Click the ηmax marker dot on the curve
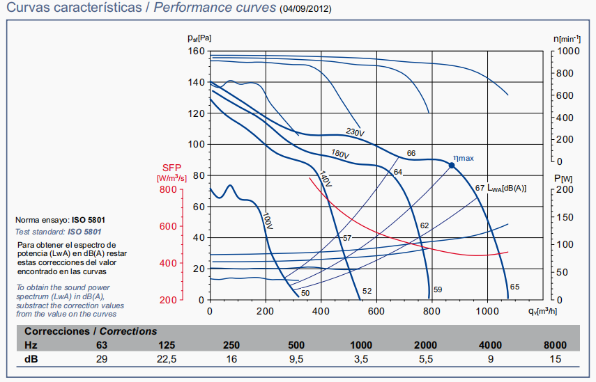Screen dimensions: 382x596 pyautogui.click(x=451, y=166)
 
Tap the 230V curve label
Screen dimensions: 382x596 pyautogui.click(x=356, y=131)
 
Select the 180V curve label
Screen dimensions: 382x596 pyautogui.click(x=339, y=153)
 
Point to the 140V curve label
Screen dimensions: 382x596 pyautogui.click(x=325, y=178)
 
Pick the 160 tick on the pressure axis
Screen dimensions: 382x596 pyautogui.click(x=195, y=51)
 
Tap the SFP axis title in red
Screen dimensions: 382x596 pyautogui.click(x=171, y=168)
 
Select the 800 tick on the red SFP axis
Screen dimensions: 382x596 pyautogui.click(x=168, y=189)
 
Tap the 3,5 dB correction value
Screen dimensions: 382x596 pyautogui.click(x=362, y=358)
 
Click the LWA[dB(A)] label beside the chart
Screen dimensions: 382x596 pyautogui.click(x=506, y=188)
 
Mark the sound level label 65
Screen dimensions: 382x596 pyautogui.click(x=514, y=287)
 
